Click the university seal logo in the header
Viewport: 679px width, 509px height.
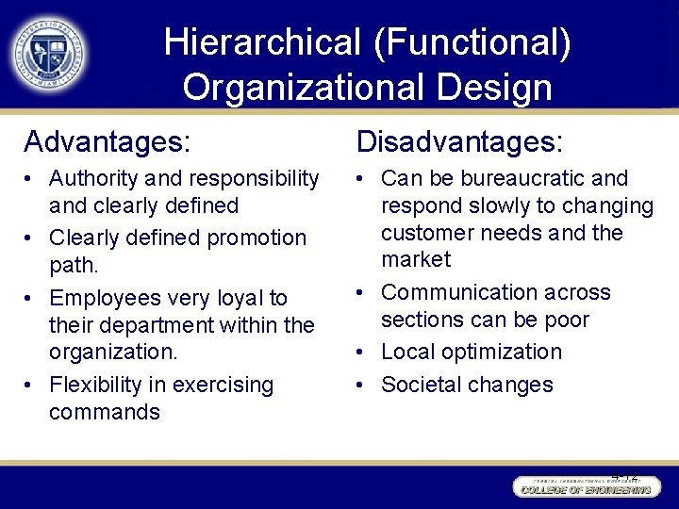pos(49,53)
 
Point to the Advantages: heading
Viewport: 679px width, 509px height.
pos(107,141)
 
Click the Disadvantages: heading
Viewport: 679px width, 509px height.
pos(459,141)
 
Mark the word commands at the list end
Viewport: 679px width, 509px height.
pos(105,412)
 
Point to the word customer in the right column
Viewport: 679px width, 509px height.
pos(422,233)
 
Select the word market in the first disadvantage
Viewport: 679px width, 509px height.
pos(416,259)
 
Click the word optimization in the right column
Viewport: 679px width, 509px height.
pos(504,353)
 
